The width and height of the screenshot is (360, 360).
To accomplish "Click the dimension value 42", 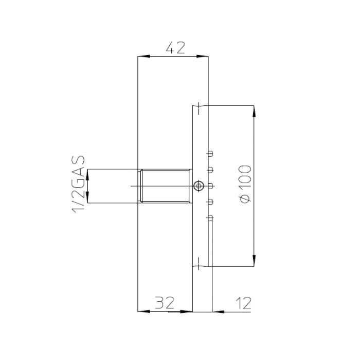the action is [x=175, y=48].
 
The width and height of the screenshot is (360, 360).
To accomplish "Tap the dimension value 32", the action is [x=165, y=302].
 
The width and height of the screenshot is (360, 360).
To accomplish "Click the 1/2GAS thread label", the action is [x=79, y=184].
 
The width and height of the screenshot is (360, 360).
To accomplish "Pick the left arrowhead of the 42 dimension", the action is [x=143, y=56].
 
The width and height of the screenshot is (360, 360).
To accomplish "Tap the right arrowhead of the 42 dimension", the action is [x=202, y=56].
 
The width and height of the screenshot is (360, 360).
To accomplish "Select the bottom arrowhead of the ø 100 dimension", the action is [x=254, y=261].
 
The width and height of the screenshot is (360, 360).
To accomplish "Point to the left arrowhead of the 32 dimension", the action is [x=143, y=312].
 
